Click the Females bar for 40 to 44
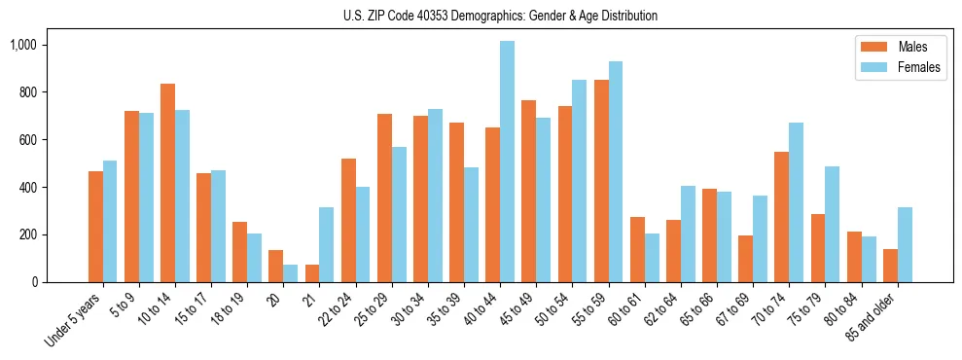click(x=507, y=162)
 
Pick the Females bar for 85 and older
click(x=905, y=244)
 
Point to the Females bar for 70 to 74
click(x=796, y=202)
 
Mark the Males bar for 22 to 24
click(x=348, y=220)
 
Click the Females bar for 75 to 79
click(x=832, y=224)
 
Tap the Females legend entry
click(x=898, y=68)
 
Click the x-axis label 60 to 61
click(x=624, y=308)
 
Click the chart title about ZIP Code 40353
click(x=500, y=16)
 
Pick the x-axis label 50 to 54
click(x=552, y=308)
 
